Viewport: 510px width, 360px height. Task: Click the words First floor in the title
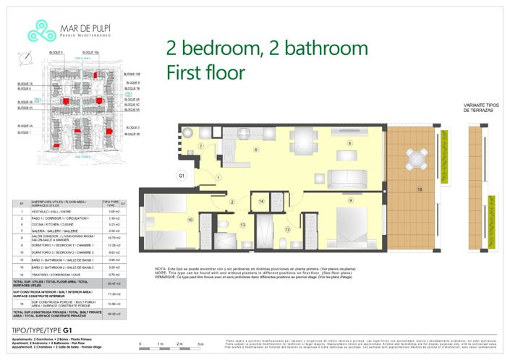point(205,72)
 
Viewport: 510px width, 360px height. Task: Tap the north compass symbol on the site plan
point(27,59)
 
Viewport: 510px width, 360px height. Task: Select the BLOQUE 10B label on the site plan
point(132,74)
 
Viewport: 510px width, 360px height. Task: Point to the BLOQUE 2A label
point(25,126)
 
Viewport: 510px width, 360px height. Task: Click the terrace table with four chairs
point(415,158)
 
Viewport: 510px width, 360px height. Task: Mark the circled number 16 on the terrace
point(419,189)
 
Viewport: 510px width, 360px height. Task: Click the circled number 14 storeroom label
point(263,201)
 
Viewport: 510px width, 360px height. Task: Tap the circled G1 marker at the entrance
point(182,175)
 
